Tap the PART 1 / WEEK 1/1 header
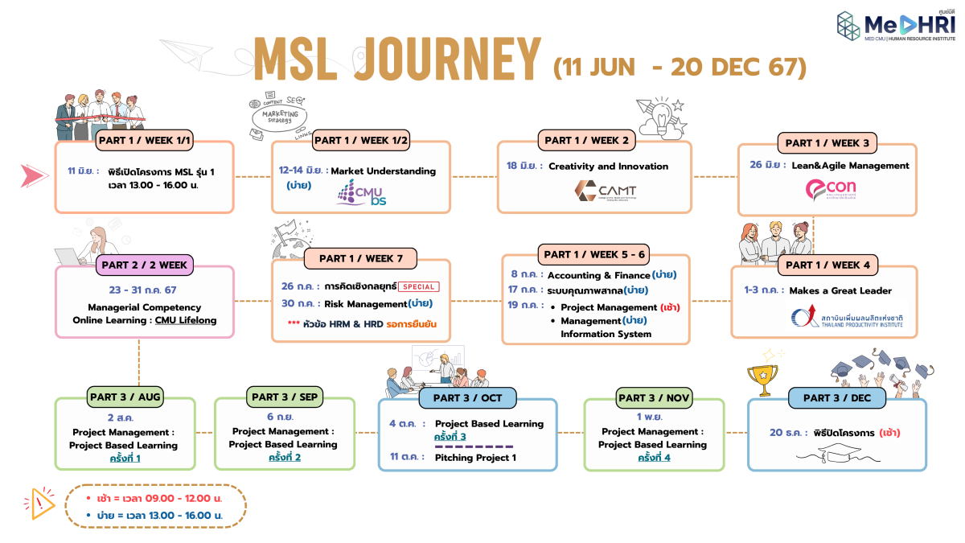coord(144,140)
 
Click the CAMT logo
coord(606,191)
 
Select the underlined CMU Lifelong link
coord(186,320)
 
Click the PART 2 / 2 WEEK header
coord(144,264)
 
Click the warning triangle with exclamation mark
coord(40,503)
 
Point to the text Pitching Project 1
coord(475,458)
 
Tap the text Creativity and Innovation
coord(608,167)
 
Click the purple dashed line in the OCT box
coord(474,446)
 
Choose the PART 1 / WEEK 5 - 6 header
coord(594,254)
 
